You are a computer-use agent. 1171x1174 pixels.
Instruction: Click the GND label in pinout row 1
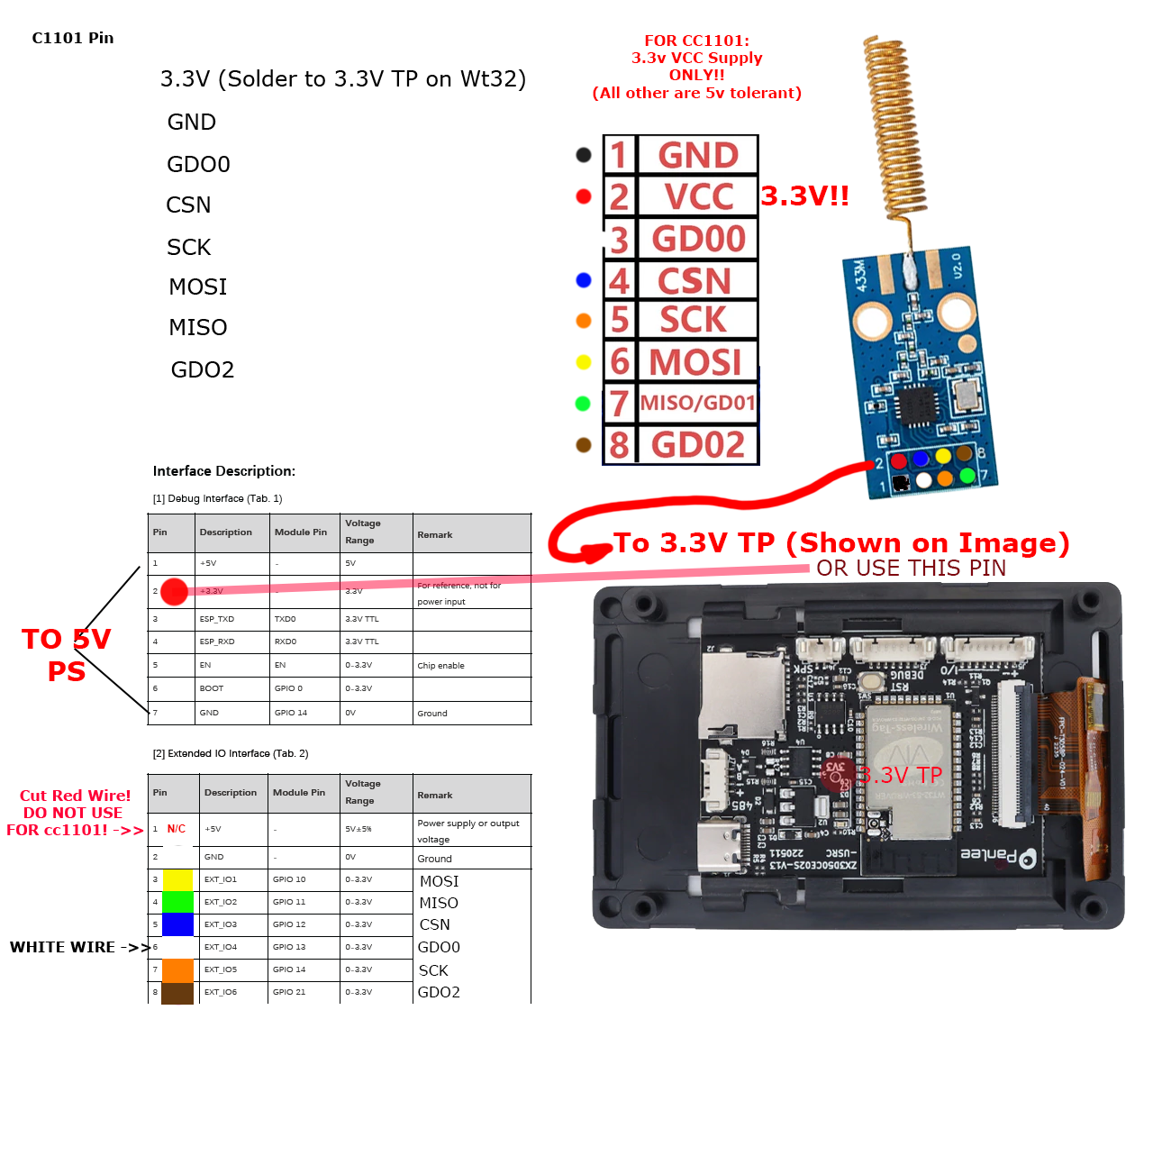(x=698, y=155)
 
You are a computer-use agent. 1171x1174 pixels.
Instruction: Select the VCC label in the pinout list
(x=698, y=196)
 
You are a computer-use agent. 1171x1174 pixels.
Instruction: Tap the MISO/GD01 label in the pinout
(x=697, y=403)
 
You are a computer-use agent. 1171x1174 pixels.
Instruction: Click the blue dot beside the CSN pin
(x=584, y=280)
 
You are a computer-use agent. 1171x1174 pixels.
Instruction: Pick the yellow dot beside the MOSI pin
(x=584, y=362)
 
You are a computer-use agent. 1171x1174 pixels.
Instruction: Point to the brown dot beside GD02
(x=584, y=445)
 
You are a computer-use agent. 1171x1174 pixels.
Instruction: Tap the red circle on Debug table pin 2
(x=174, y=591)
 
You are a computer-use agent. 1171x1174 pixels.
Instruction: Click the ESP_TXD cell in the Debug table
(x=217, y=619)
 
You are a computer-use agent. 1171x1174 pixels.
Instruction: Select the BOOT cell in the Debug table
(x=212, y=688)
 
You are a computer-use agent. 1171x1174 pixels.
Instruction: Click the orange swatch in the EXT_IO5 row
(x=177, y=970)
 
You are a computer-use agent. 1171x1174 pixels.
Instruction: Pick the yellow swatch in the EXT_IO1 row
(x=177, y=880)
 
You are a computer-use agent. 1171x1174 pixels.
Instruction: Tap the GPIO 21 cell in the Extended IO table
(x=289, y=992)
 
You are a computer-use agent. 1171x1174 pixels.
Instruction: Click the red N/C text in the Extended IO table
(x=177, y=829)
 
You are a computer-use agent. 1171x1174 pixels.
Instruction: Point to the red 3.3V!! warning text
(x=804, y=196)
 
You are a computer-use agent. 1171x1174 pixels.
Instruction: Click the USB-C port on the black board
(x=720, y=847)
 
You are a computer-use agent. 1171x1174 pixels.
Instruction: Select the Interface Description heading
(x=224, y=471)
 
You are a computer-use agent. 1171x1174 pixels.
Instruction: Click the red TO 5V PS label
(x=66, y=655)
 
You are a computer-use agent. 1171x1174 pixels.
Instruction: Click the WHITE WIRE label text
(x=62, y=947)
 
